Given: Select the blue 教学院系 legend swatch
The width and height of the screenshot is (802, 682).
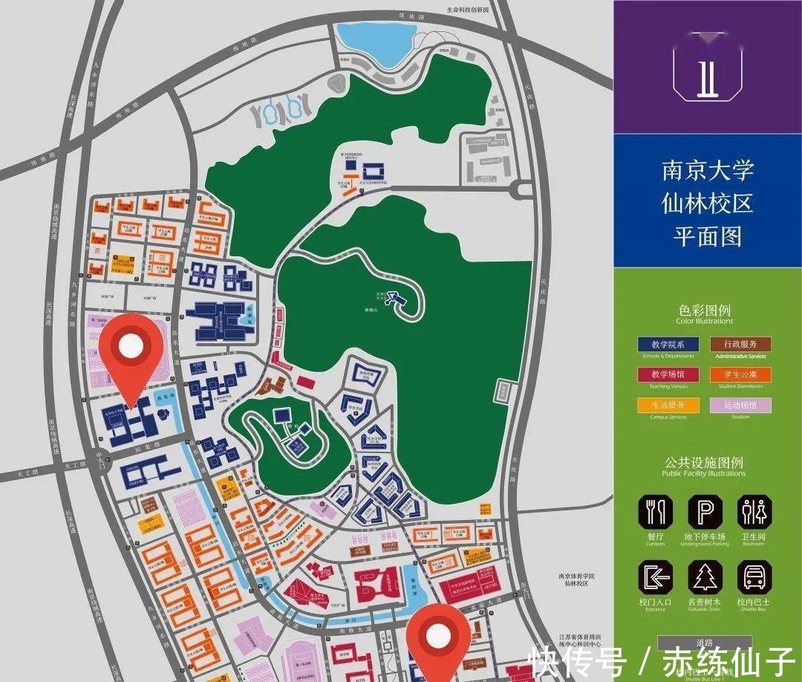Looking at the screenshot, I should tap(668, 345).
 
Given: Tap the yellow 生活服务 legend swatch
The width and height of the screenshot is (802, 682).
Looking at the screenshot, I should tap(668, 406).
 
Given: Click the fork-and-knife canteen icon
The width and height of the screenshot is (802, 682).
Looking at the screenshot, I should tap(656, 512).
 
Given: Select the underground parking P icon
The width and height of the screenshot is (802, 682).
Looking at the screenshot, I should tap(705, 512).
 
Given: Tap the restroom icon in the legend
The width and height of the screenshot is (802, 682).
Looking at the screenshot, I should tap(754, 512).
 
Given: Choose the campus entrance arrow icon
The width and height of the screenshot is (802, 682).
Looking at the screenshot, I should tap(656, 577).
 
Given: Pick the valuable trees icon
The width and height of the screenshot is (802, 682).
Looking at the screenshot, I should tap(705, 577).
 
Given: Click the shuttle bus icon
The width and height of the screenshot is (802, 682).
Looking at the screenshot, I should tap(754, 577).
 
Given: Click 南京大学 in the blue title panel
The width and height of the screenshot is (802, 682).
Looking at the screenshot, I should tap(708, 170).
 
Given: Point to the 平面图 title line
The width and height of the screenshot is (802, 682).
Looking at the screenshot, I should tap(708, 236).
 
